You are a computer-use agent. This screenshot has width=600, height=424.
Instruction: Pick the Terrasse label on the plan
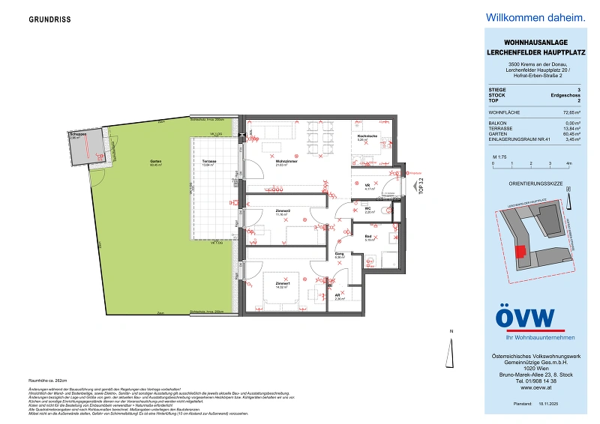click(209, 162)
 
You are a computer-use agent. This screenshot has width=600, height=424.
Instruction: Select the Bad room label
click(370, 238)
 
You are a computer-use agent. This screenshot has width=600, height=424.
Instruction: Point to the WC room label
click(369, 210)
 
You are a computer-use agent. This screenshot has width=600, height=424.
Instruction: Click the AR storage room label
click(338, 296)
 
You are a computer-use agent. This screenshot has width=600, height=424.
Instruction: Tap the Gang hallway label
click(339, 255)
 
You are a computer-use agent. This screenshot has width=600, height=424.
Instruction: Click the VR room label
click(368, 186)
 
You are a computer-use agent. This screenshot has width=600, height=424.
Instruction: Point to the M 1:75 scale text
click(499, 156)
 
